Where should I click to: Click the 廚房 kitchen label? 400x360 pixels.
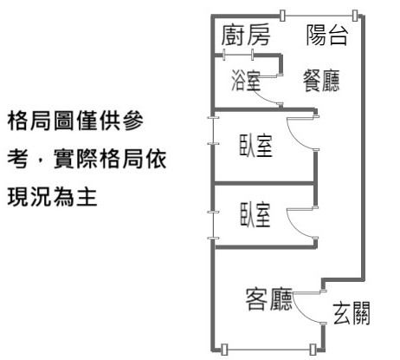[x=246, y=36]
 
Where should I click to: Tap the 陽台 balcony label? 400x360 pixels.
[x=327, y=36]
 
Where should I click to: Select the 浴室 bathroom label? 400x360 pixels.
[x=246, y=80]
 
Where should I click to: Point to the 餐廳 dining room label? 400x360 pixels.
[x=321, y=81]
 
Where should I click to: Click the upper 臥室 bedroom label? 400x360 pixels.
[x=255, y=146]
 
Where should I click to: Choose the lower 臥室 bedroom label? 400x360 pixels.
[x=255, y=214]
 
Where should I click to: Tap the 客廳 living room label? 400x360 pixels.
[x=268, y=299]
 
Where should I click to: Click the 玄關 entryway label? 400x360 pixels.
[x=352, y=313]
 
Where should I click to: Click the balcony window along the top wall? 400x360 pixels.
[x=319, y=16]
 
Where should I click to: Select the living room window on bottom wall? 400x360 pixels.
[x=268, y=350]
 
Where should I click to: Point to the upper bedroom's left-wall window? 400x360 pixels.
[x=213, y=130]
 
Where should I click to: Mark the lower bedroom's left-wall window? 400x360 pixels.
[x=213, y=225]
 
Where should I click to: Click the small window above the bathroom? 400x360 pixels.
[x=238, y=55]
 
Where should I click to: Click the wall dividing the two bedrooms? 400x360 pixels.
[x=264, y=183]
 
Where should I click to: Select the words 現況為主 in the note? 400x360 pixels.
[x=52, y=197]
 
